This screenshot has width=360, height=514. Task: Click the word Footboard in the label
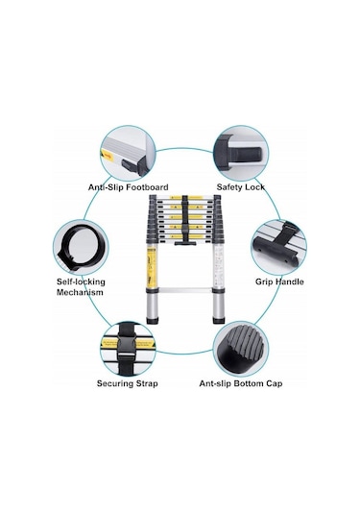[148, 187]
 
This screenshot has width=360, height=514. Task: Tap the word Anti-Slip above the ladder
[106, 187]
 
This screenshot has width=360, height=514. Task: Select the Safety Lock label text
[241, 187]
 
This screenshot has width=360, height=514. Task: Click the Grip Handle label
[279, 281]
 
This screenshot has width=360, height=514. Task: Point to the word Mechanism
[80, 292]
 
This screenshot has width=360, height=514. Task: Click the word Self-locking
[81, 281]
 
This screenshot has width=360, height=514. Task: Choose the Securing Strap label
[127, 383]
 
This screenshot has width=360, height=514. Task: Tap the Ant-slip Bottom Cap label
[241, 383]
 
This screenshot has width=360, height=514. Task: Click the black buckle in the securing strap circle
[127, 348]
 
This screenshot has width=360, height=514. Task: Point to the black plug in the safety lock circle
[245, 154]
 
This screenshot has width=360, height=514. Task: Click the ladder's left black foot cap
[153, 320]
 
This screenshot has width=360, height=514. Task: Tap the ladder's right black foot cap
[219, 320]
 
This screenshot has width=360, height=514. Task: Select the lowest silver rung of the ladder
[185, 290]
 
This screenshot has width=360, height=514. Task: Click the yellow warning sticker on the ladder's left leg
[152, 267]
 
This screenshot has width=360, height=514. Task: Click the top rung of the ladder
[185, 198]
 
